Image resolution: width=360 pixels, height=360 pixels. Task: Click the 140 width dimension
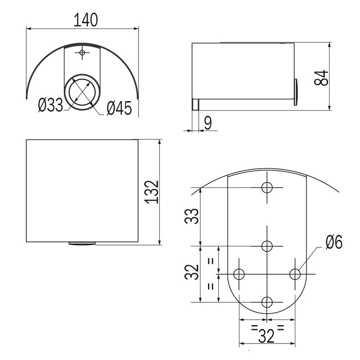(x=86, y=20)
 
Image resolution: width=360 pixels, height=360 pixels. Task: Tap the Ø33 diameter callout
(x=50, y=105)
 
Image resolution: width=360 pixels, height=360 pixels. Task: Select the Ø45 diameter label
(x=119, y=108)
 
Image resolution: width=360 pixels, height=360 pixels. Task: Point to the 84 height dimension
(x=321, y=78)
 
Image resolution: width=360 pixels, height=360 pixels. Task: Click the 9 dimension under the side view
(x=208, y=123)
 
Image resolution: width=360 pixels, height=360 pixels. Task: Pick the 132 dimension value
(x=152, y=192)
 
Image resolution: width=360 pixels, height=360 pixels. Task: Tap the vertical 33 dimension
(x=191, y=216)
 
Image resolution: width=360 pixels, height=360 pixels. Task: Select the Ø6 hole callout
(x=334, y=242)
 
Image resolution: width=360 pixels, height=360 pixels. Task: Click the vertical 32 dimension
(x=191, y=272)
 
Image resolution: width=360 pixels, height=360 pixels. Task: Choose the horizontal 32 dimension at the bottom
(x=267, y=336)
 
